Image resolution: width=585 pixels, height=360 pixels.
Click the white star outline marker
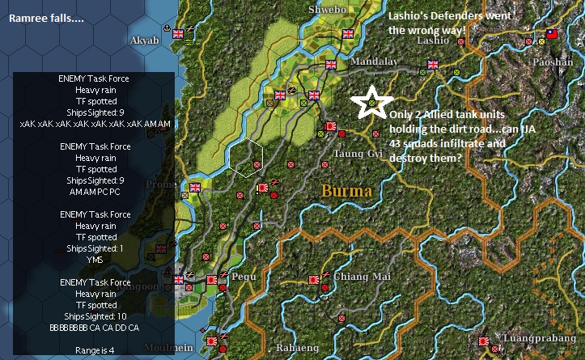pyautogui.click(x=370, y=102)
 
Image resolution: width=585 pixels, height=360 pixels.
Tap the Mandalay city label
pyautogui.click(x=374, y=61)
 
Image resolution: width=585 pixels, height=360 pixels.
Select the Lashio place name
pyautogui.click(x=433, y=40)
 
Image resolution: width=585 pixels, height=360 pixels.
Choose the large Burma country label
pyautogui.click(x=347, y=192)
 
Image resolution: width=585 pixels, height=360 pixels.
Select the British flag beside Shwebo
pyautogui.click(x=349, y=34)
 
